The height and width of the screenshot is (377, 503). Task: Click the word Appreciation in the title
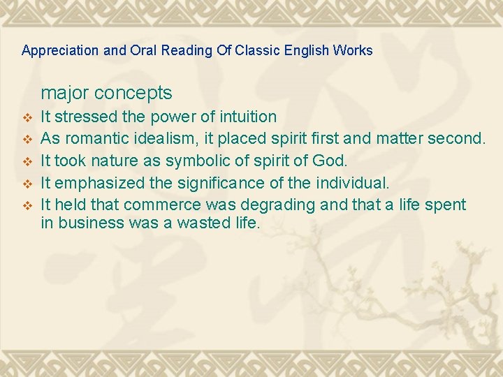[54, 51]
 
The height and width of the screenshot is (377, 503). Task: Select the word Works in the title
[353, 51]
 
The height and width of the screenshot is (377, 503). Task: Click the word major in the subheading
[64, 93]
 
